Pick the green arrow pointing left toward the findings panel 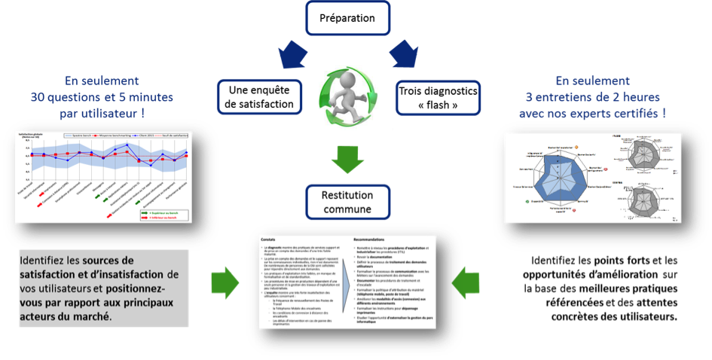click(466, 281)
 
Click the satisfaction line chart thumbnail click(102, 176)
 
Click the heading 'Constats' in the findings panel click(270, 239)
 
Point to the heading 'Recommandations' click(377, 239)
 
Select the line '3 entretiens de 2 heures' click(593, 97)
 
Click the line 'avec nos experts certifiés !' click(593, 113)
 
